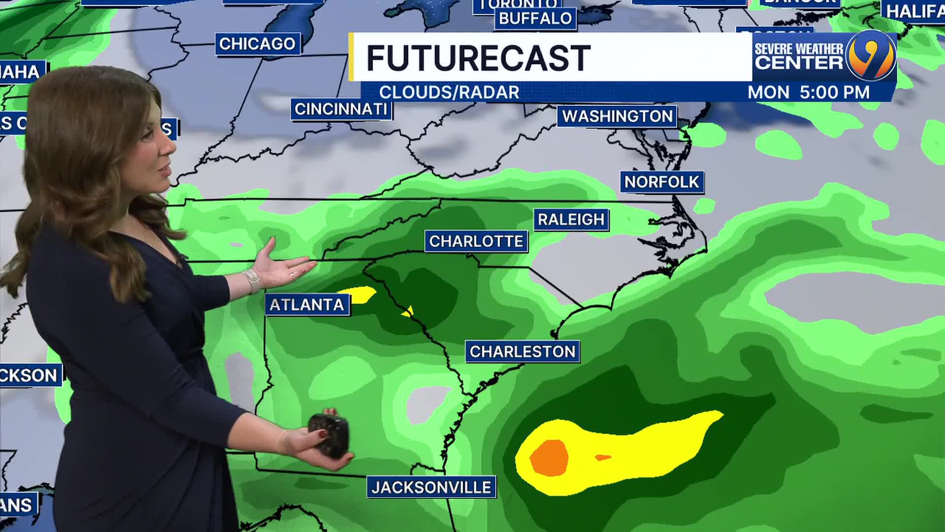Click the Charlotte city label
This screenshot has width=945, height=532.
(x=476, y=241)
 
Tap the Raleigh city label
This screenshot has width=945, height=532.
(x=571, y=219)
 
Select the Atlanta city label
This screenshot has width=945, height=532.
(x=307, y=305)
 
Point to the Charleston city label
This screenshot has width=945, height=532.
(x=522, y=352)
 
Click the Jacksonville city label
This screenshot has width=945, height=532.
(x=431, y=488)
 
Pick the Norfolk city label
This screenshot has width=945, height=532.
(x=661, y=182)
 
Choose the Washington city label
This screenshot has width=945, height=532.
(x=617, y=116)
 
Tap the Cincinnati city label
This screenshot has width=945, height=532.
(x=341, y=109)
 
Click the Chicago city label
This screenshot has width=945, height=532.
(x=257, y=44)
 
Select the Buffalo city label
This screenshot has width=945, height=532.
(x=535, y=19)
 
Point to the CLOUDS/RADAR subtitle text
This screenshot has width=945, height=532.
(x=449, y=93)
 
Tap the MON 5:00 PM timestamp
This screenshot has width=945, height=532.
(x=809, y=93)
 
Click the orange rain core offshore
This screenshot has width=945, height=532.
(x=549, y=457)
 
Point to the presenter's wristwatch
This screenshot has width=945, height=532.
(x=252, y=280)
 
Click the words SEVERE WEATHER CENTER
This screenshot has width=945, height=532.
(x=799, y=56)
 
